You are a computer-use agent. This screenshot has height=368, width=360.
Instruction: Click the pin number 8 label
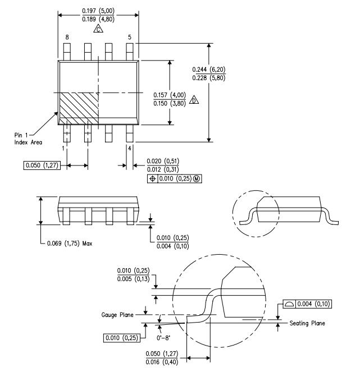[x=67, y=37]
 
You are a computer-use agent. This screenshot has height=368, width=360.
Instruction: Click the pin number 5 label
[x=130, y=37]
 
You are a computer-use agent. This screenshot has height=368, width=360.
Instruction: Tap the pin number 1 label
[x=63, y=148]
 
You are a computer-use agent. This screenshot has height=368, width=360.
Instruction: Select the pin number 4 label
[x=130, y=148]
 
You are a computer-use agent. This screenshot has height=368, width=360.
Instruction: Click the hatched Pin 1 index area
[x=79, y=105]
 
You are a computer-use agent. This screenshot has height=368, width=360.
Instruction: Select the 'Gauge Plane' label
[x=118, y=315]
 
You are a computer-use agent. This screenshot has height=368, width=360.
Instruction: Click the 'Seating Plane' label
[x=307, y=324]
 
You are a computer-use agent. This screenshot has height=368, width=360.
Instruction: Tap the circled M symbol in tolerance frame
[x=195, y=179]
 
